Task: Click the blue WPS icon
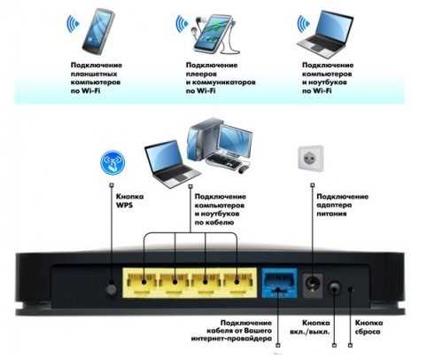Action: (x=113, y=162)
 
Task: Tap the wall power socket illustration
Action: (x=311, y=159)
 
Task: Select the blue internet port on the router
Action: (x=279, y=283)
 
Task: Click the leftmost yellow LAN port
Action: (x=141, y=282)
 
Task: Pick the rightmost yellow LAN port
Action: (x=239, y=282)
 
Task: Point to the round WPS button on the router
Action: (x=112, y=289)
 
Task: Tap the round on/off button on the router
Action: (x=334, y=287)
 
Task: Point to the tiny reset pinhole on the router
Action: (x=351, y=289)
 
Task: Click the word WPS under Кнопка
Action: (x=124, y=205)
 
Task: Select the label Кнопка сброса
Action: (x=369, y=327)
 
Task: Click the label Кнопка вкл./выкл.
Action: (x=310, y=327)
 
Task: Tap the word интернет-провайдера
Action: (x=231, y=339)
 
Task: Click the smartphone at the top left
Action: (x=98, y=32)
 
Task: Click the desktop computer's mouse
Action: (x=244, y=169)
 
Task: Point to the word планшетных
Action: (x=94, y=74)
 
